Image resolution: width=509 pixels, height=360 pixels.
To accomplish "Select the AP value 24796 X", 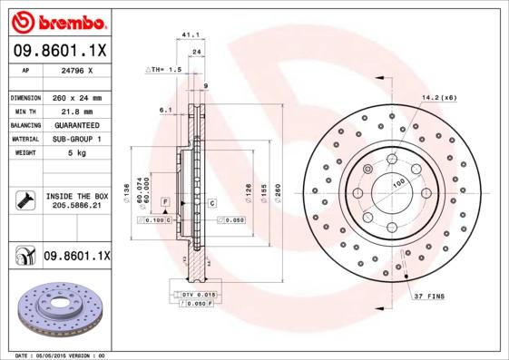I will [x=75, y=70].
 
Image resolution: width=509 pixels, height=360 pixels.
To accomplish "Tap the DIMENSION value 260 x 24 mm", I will [x=76, y=97].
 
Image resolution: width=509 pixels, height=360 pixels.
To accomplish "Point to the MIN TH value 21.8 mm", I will [x=75, y=111].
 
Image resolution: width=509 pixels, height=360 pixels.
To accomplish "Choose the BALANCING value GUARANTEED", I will [x=76, y=124].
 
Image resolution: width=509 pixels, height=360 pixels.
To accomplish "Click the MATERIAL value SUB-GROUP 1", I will [x=76, y=139].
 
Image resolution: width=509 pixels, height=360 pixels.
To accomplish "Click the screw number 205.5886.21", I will [x=76, y=207].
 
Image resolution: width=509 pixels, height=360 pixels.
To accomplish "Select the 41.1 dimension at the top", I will [x=191, y=35].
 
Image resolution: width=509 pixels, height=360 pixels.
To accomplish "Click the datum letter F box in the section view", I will [x=166, y=200].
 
